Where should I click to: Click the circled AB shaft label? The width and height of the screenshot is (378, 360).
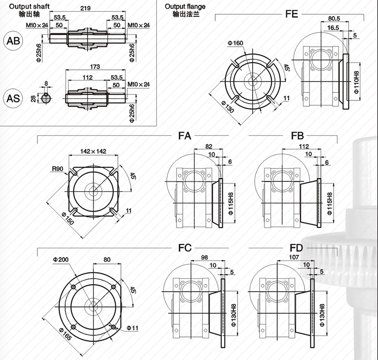(x=13, y=40)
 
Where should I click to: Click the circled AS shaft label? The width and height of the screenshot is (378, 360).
(x=13, y=98)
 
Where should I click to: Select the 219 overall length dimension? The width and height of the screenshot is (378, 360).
(x=85, y=8)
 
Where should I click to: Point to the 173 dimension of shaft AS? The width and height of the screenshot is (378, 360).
(x=95, y=67)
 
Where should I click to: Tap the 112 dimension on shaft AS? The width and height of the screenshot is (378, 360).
(x=88, y=77)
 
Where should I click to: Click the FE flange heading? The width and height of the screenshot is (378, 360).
(x=292, y=14)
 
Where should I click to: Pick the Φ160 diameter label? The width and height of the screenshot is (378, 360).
(x=236, y=43)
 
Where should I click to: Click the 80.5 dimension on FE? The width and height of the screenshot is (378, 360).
(x=334, y=18)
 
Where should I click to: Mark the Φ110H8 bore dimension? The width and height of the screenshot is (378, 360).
(x=357, y=82)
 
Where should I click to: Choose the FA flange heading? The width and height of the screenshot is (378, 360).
(x=185, y=136)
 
